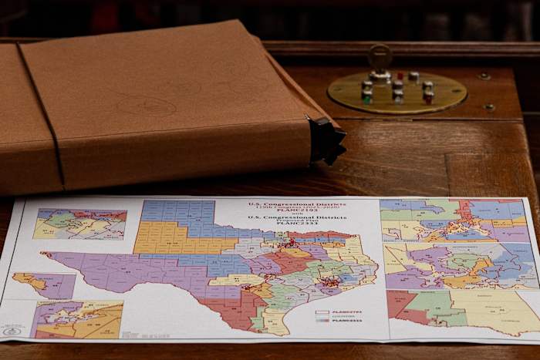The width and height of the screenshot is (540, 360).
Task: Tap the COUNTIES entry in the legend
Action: click(348, 316)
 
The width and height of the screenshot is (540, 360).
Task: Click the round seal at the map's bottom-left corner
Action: click(12, 331)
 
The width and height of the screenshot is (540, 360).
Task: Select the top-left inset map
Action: click(80, 224)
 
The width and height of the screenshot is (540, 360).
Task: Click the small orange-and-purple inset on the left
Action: click(46, 284)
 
